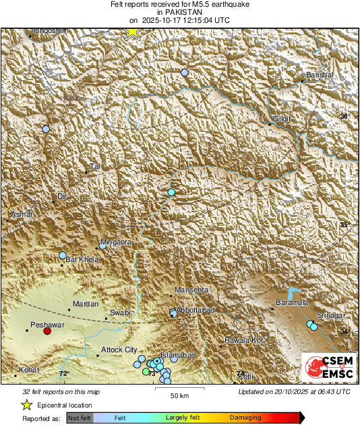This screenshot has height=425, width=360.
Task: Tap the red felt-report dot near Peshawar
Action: (x=47, y=331)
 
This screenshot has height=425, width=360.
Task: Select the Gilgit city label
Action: (x=280, y=119)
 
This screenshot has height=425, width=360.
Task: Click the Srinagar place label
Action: (x=331, y=316)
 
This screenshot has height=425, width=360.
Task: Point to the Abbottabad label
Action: (x=195, y=309)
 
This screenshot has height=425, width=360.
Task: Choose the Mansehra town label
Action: (x=189, y=290)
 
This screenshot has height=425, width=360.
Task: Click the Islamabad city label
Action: (x=179, y=355)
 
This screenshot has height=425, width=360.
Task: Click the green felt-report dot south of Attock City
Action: (x=146, y=371)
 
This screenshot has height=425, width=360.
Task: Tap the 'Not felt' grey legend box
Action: (x=79, y=418)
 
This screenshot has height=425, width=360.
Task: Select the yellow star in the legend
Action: (x=27, y=405)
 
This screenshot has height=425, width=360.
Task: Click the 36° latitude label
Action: (x=344, y=117)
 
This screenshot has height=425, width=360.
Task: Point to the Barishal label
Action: (x=320, y=75)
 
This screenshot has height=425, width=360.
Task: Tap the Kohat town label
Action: (x=28, y=370)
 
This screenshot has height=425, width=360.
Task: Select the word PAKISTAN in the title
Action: (x=179, y=13)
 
